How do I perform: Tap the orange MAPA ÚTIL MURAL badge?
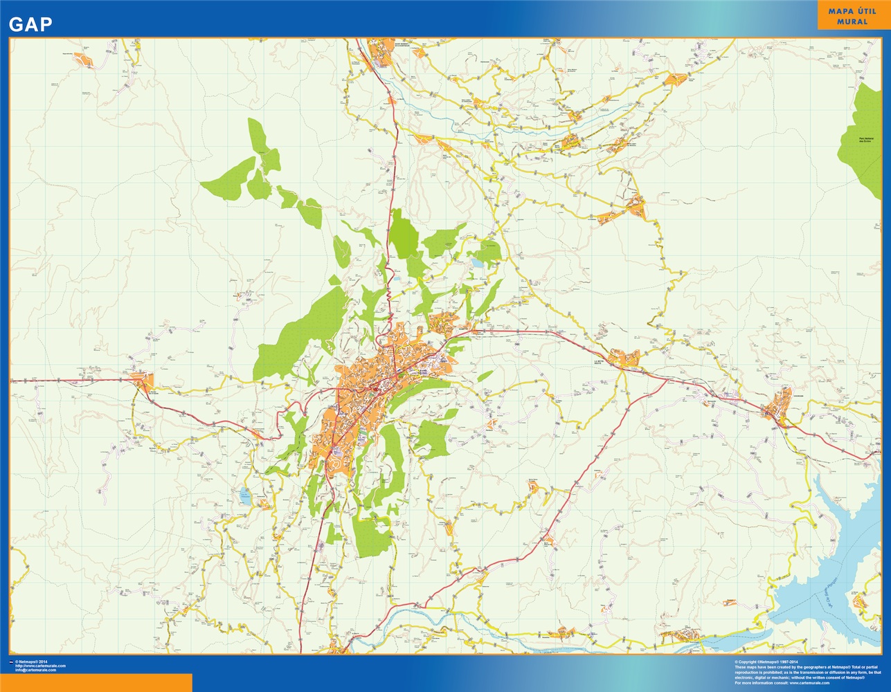(852, 16)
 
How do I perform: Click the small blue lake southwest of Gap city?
(244, 495)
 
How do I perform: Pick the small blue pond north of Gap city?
(477, 263)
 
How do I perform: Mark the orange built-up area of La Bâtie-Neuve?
(629, 358)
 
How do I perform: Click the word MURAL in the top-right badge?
(852, 22)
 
